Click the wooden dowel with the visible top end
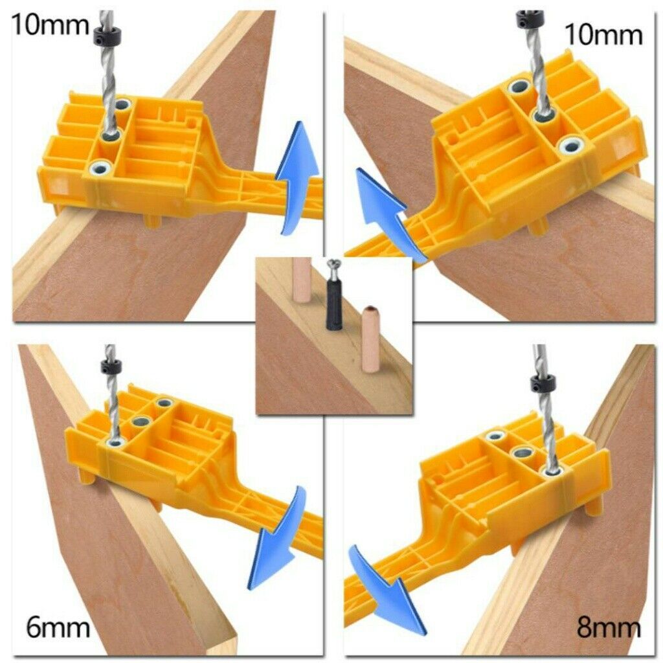[x=371, y=338]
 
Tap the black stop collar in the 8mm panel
[x=540, y=384]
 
